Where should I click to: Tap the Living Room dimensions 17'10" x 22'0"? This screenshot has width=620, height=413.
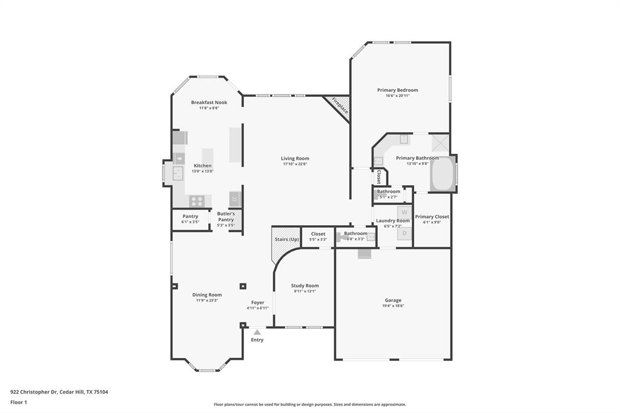pos(295,164)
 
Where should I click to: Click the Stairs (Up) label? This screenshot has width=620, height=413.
pos(286,239)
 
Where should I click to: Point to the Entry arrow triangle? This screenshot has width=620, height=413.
pos(257,332)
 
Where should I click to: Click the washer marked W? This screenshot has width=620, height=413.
pos(404,212)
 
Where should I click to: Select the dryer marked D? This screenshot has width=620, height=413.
pos(404,233)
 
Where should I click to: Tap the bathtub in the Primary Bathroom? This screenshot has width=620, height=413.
pos(442,174)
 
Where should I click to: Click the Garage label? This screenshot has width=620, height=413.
pos(393,300)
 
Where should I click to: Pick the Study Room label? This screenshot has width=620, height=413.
pos(305,286)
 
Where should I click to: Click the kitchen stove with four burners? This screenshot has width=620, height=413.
pos(196,201)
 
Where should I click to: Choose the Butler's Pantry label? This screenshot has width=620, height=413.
pos(226,216)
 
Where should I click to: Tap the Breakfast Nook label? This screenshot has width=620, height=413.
pos(209,102)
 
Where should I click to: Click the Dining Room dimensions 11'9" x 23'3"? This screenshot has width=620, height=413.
pos(207,301)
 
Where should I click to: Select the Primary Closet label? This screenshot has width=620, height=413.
pos(432,217)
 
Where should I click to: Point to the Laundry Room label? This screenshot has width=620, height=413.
pos(392,221)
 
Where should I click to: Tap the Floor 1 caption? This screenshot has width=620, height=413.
pos(19,402)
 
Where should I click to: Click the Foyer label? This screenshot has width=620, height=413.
pos(257,303)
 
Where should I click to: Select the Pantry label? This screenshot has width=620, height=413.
pos(190,216)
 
